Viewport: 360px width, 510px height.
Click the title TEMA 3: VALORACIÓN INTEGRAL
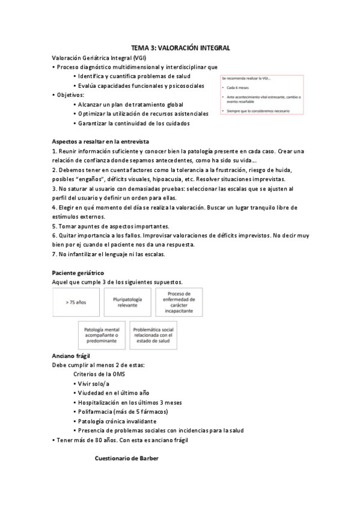(x=180, y=48)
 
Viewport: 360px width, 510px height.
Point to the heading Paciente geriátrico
(x=78, y=273)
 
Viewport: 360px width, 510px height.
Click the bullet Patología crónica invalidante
(x=117, y=421)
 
